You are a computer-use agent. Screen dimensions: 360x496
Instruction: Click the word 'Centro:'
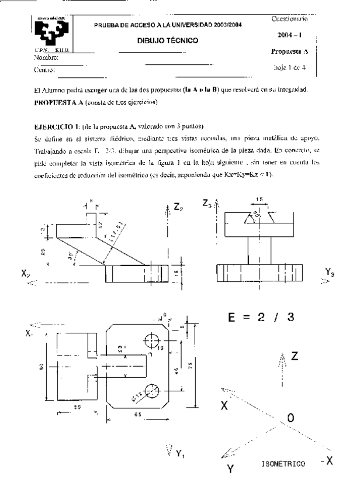tap(45, 70)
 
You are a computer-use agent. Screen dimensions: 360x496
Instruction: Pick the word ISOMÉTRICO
tap(283, 464)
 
